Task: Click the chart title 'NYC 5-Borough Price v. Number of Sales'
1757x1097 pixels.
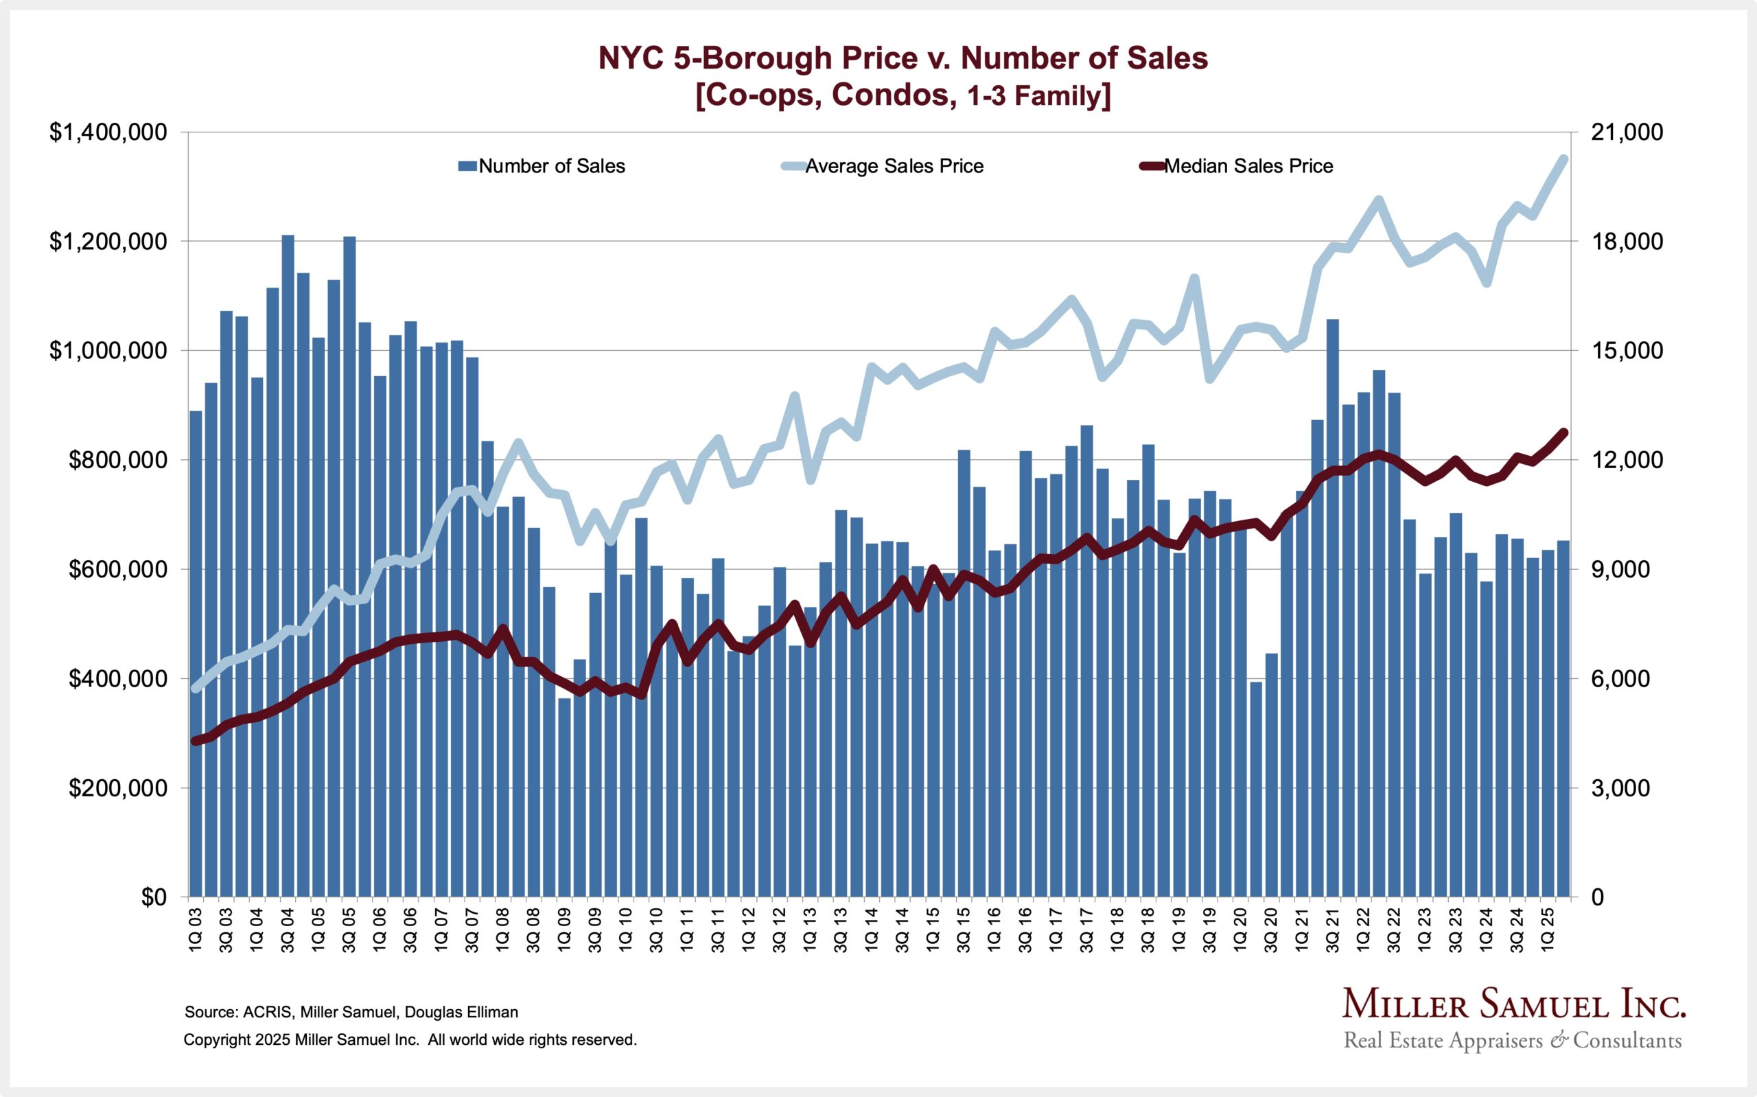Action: [x=903, y=58]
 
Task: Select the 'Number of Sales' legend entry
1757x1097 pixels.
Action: [x=551, y=166]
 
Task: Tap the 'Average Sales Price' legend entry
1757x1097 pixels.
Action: [x=894, y=166]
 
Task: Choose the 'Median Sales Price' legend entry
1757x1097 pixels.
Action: [x=1247, y=166]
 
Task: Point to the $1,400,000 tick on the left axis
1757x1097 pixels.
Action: [x=108, y=132]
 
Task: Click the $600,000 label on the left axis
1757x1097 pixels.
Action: [x=117, y=570]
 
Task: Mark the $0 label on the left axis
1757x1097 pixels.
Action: [x=153, y=897]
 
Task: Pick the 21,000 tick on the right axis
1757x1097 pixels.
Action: [x=1620, y=132]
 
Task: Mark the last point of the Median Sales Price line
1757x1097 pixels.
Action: [x=1563, y=432]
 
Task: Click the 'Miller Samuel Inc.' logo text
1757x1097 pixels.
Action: [x=1513, y=1005]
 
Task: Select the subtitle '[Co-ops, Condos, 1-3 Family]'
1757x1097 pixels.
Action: [x=903, y=95]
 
